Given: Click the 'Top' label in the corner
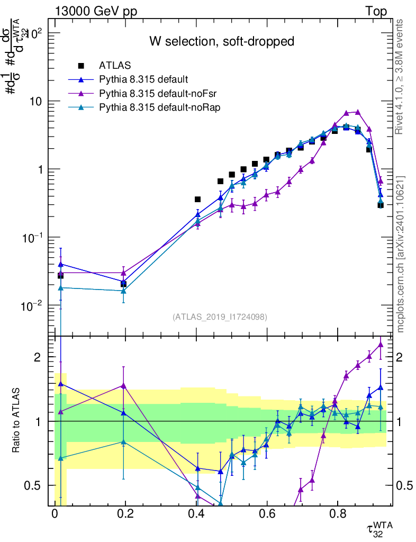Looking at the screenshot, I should tap(376, 11).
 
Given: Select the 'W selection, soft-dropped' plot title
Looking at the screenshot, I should tap(222, 41).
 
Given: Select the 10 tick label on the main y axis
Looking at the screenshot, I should tap(38, 101).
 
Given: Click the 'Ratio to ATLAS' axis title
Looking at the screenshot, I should tap(16, 421).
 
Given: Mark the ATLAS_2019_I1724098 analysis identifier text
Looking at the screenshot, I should tap(220, 317).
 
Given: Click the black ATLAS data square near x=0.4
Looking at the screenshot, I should tap(197, 200).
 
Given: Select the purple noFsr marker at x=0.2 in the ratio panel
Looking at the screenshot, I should tap(124, 386).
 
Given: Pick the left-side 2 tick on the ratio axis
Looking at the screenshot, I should tap(38, 357).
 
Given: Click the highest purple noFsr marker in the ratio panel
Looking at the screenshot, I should tap(381, 344).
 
